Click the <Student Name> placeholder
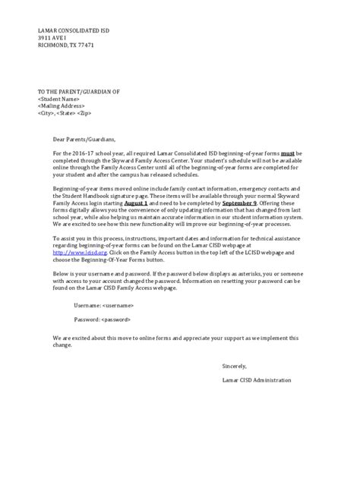pyautogui.click(x=59, y=99)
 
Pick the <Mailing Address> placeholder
pyautogui.click(x=62, y=106)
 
